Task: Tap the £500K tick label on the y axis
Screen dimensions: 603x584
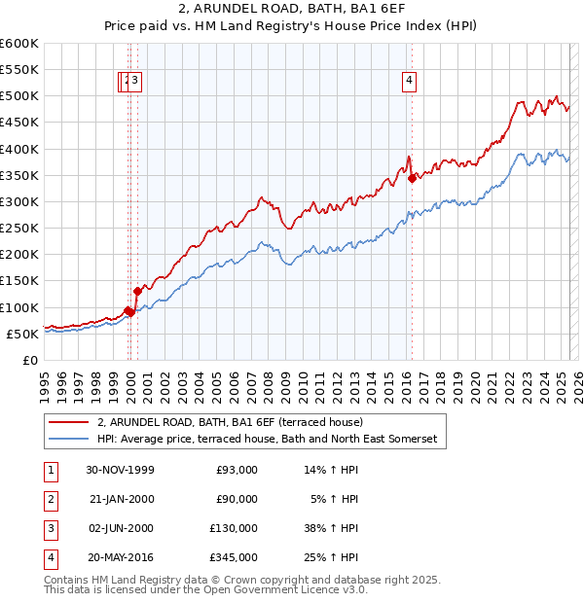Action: [18, 96]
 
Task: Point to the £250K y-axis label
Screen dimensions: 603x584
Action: [18, 228]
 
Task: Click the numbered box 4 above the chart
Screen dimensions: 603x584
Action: [410, 82]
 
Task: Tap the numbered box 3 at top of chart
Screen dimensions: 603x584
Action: [135, 82]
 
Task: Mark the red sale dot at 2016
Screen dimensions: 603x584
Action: [413, 178]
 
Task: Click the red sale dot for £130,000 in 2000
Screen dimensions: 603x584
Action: [137, 291]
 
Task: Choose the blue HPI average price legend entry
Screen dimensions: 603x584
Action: [268, 440]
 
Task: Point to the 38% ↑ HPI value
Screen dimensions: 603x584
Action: [334, 528]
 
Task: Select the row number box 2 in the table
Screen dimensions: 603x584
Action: [50, 499]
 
